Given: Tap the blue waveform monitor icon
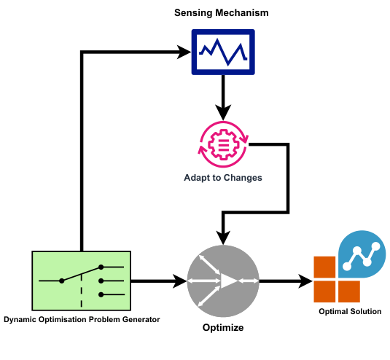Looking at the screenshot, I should (x=223, y=52).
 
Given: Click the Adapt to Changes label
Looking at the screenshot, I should (x=223, y=177).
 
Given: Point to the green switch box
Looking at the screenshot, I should (x=81, y=280).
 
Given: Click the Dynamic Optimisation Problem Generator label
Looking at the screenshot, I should (x=81, y=319).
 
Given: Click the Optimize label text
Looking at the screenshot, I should (x=223, y=328).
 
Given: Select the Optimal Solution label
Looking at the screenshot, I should (x=350, y=312).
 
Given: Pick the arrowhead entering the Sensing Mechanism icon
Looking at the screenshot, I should (x=183, y=52).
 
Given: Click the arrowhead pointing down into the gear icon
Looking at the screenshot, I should (x=223, y=113).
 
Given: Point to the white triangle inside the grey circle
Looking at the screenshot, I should (x=229, y=281).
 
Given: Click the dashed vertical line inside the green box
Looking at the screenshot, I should (x=81, y=295).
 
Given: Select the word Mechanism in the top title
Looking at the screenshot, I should (x=244, y=14).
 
